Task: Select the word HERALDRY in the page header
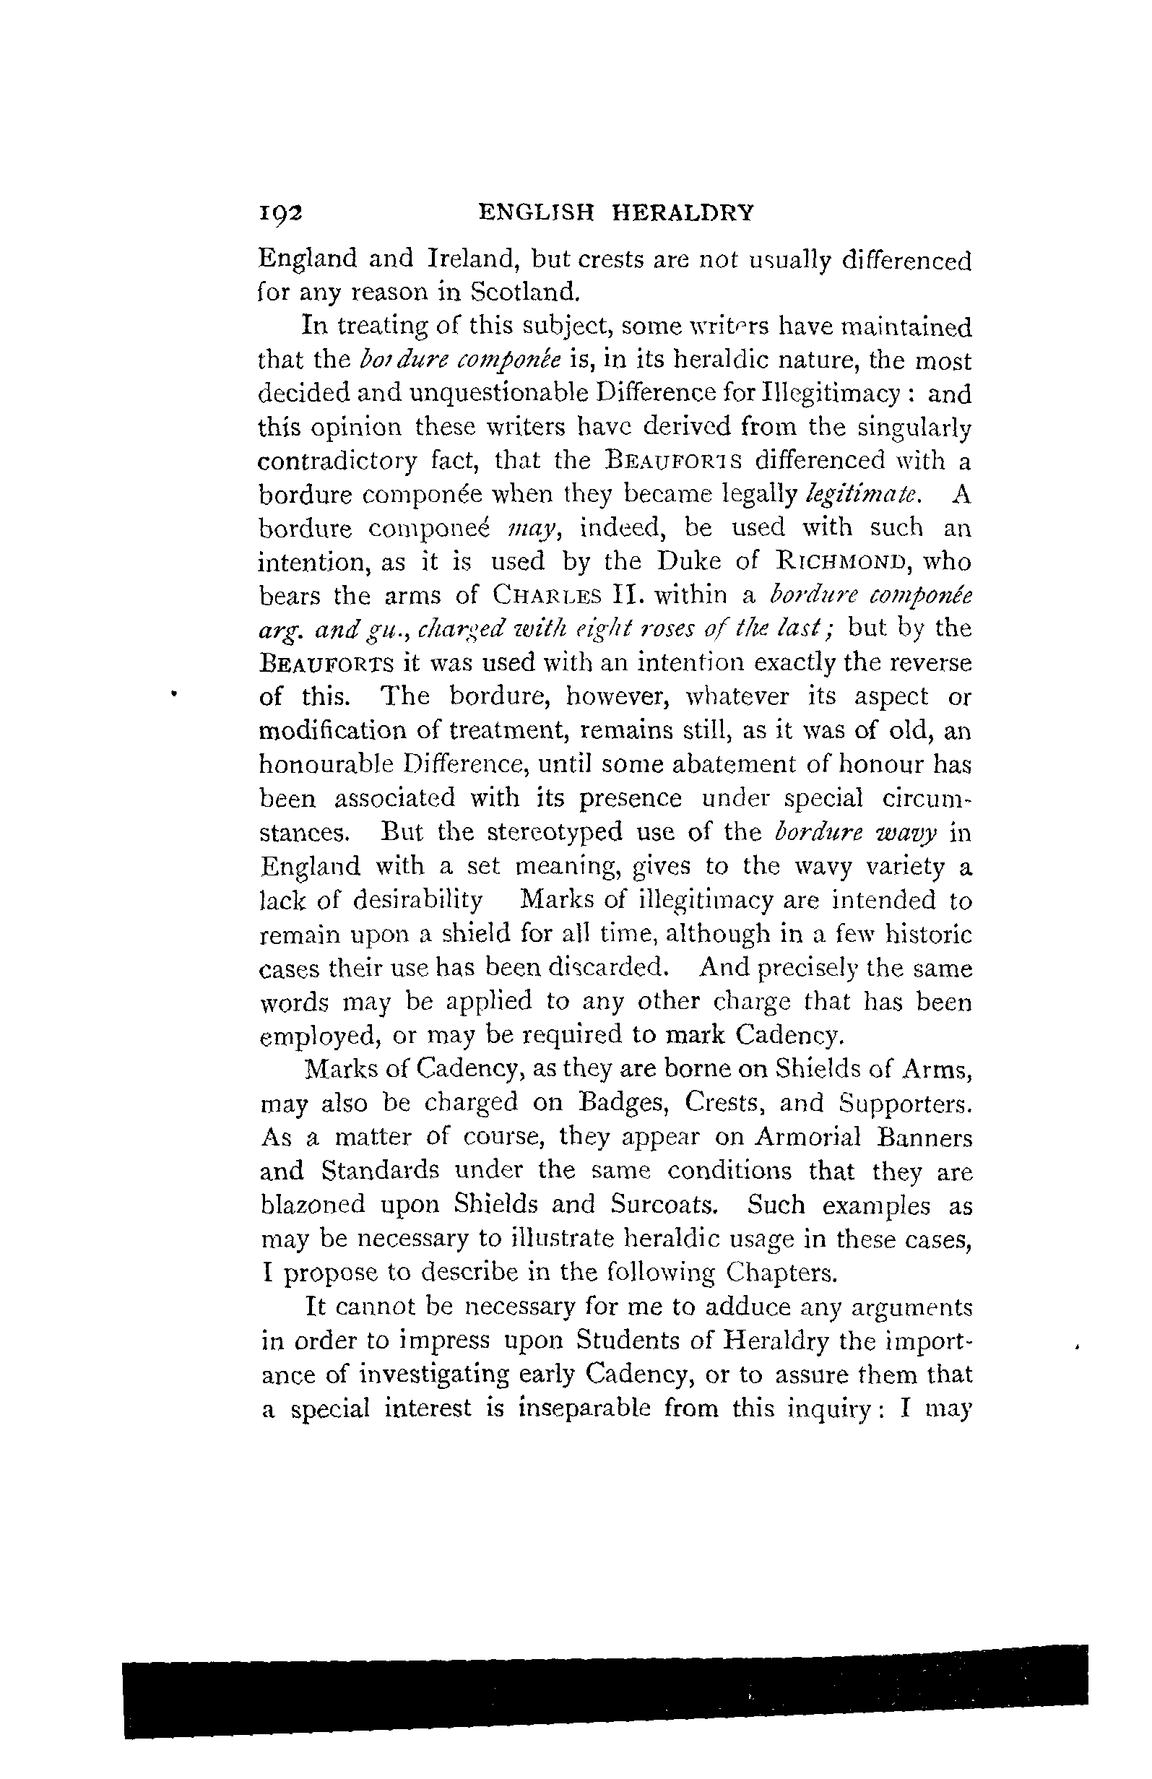click(683, 214)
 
